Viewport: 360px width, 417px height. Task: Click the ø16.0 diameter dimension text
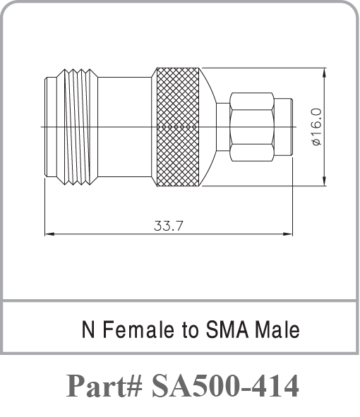click(316, 127)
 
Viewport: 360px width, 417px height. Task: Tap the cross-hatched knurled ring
click(177, 127)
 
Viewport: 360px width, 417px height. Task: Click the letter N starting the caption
click(88, 330)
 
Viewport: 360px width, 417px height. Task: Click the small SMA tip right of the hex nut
click(282, 127)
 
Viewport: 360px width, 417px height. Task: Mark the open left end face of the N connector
click(47, 127)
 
